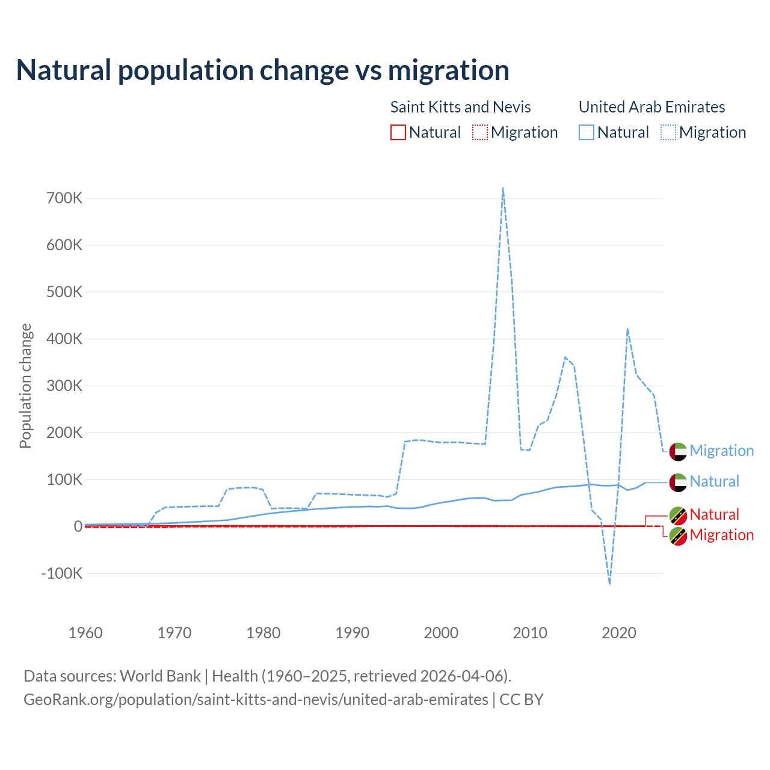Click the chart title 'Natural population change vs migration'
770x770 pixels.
click(263, 70)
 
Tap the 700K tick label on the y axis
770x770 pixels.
click(64, 198)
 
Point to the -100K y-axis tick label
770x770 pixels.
click(61, 573)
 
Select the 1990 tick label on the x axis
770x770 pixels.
click(353, 633)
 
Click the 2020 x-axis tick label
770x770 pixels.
click(619, 633)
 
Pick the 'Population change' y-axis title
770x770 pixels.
click(25, 386)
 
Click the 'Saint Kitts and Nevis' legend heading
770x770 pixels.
click(460, 107)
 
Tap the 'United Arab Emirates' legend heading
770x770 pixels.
click(651, 107)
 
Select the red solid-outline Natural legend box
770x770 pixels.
click(398, 132)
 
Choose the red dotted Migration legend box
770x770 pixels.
click(480, 132)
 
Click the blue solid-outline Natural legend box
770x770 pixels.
click(587, 132)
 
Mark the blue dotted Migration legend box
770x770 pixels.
click(668, 132)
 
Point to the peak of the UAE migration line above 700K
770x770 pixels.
click(502, 188)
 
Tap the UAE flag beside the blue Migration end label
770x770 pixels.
click(678, 451)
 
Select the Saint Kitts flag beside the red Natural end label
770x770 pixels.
click(678, 515)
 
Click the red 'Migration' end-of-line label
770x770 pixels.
click(721, 535)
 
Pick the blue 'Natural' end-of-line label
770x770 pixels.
click(714, 481)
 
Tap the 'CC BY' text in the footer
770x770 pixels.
click(521, 700)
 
